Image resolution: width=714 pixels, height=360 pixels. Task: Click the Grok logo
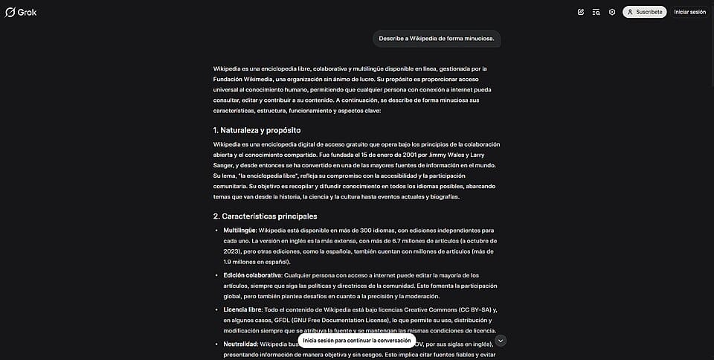pyautogui.click(x=21, y=12)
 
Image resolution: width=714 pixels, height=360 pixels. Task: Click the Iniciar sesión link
pyautogui.click(x=689, y=12)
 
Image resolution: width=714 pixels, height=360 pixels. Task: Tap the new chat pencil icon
pyautogui.click(x=580, y=12)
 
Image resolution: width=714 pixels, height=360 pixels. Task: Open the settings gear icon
pyautogui.click(x=612, y=12)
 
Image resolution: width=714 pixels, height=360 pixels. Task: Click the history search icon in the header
pyautogui.click(x=596, y=12)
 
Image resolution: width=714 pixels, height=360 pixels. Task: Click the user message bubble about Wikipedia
pyautogui.click(x=436, y=38)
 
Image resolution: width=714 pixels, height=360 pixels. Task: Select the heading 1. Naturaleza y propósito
pyautogui.click(x=257, y=130)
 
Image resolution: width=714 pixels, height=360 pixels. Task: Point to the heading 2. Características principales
pyautogui.click(x=265, y=216)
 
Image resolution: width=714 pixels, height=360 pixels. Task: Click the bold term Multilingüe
pyautogui.click(x=239, y=231)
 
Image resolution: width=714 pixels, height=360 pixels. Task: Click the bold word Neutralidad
pyautogui.click(x=240, y=344)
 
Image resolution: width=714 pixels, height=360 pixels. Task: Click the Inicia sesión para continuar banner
pyautogui.click(x=357, y=341)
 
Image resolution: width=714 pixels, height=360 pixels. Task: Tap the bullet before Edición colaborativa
pyautogui.click(x=216, y=275)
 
